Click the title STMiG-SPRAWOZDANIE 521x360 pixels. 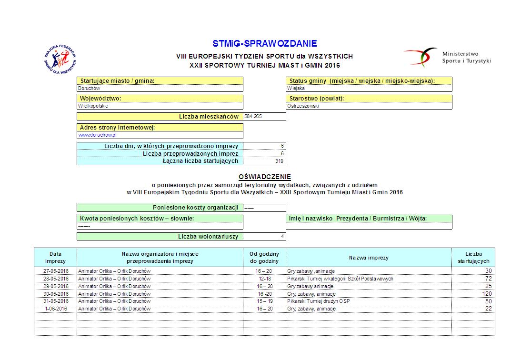[264, 44]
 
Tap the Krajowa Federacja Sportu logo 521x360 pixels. [60, 60]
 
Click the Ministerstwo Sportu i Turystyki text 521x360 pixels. [466, 58]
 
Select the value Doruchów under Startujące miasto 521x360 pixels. [90, 88]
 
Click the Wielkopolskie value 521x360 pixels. [93, 106]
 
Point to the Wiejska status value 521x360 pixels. [296, 88]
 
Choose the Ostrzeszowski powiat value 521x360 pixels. [303, 106]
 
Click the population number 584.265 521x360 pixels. [253, 116]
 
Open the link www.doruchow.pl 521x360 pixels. [98, 135]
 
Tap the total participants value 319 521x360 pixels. [280, 161]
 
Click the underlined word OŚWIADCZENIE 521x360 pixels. [264, 177]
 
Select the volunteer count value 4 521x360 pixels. [282, 236]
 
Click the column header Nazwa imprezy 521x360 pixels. [369, 258]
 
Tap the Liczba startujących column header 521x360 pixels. [473, 258]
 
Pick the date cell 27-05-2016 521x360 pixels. [55, 271]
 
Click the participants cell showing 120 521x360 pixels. [486, 294]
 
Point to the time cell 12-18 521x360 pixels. [265, 279]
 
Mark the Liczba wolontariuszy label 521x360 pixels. [208, 236]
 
